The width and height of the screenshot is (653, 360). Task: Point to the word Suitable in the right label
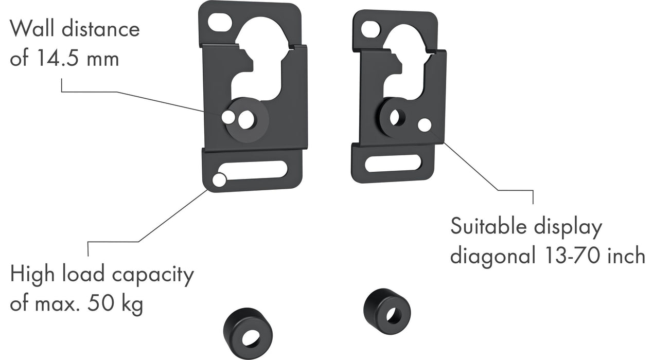coord(490,226)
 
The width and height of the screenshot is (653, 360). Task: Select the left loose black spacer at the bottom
coord(248,333)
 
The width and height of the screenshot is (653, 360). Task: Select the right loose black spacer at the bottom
coord(387,311)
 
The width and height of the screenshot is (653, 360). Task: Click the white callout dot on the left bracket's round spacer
coord(228,117)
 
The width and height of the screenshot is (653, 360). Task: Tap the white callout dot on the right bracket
coord(425,125)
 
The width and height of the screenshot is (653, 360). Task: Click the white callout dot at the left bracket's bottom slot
coord(219,180)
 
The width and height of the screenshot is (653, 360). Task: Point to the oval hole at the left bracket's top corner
coord(220,22)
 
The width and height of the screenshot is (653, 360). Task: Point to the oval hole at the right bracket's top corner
coord(370,30)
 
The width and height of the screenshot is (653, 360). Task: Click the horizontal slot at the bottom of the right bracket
coord(393,164)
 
